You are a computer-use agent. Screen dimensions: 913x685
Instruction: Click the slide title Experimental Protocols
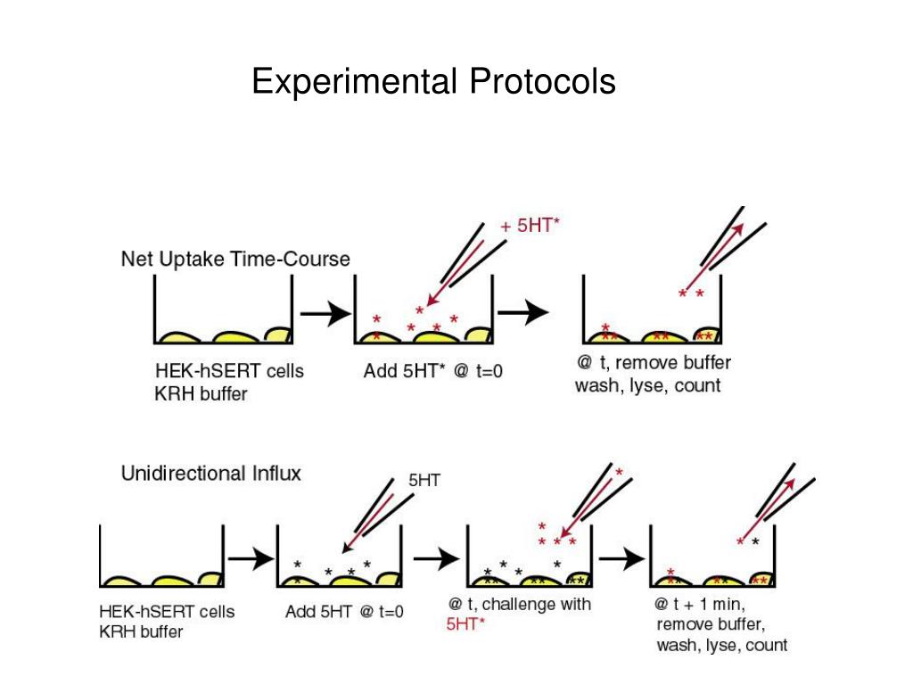click(x=433, y=82)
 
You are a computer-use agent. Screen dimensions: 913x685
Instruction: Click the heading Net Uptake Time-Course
click(x=235, y=259)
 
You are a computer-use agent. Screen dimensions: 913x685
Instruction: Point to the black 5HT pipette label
click(x=424, y=480)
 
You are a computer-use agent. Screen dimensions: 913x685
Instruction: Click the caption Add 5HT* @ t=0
click(x=432, y=371)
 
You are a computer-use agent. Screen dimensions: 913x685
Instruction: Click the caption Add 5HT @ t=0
click(x=344, y=612)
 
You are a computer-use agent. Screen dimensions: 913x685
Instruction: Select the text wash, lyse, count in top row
click(x=647, y=386)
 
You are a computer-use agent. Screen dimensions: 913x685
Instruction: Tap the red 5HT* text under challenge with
click(x=465, y=624)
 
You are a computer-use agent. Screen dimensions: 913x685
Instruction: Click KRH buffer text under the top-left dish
click(x=201, y=392)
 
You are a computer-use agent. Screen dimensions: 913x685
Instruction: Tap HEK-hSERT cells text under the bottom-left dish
click(x=166, y=612)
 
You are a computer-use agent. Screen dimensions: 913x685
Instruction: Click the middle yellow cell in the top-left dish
click(x=234, y=336)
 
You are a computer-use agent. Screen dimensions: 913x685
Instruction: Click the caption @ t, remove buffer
click(x=654, y=363)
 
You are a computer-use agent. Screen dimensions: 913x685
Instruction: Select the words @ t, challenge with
click(x=520, y=604)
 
